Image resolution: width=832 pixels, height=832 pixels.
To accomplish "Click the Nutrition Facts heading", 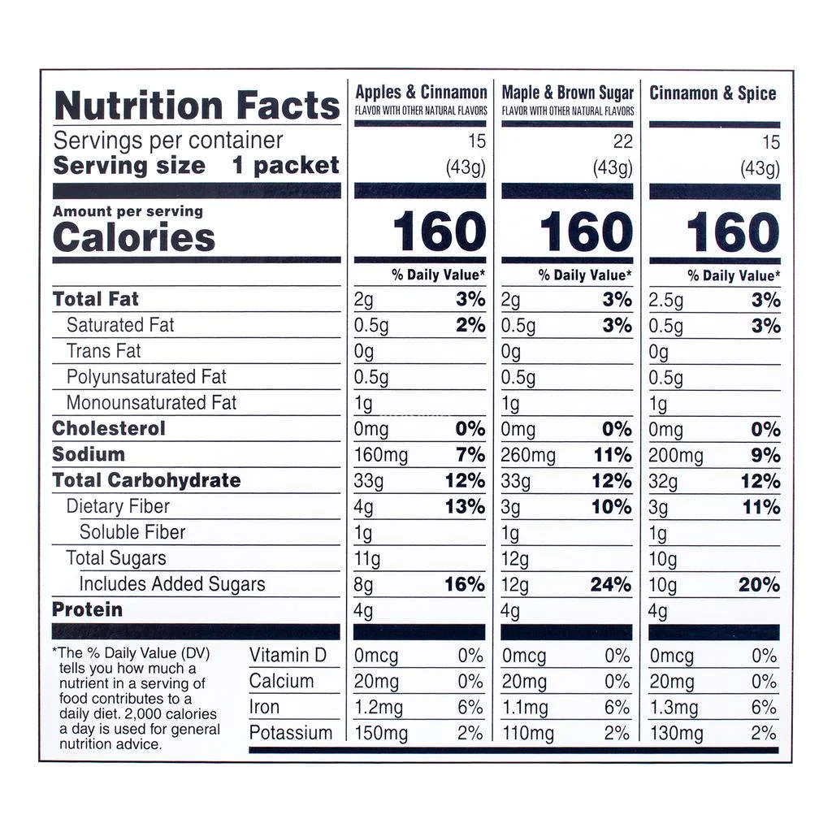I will pos(197,106).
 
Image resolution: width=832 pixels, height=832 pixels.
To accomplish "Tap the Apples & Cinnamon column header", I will pos(421,93).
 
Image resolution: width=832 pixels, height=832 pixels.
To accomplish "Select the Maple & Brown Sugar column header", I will pos(567,93).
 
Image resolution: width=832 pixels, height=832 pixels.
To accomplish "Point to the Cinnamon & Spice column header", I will pos(713,93).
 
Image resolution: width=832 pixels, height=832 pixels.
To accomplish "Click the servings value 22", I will pos(622,142).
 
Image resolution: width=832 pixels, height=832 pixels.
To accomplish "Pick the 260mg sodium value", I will pos(528,455).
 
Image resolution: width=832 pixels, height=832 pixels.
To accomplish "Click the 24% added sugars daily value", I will pos(610,584).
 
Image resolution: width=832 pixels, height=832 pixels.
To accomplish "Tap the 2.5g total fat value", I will pos(666,300).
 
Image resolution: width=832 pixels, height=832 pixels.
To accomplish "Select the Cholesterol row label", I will pos(108,428).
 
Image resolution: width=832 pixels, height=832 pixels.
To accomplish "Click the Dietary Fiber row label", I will pos(118,506).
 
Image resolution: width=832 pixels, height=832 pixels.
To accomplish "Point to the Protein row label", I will pos(87,609).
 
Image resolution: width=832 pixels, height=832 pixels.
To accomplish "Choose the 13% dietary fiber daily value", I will pos(465,507).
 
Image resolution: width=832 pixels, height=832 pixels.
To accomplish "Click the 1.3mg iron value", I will pos(674,708).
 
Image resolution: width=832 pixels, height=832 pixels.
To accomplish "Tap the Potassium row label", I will pos(290,733).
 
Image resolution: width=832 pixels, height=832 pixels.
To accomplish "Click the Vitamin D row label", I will pos(289,656).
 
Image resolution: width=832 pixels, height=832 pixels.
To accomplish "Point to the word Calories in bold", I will pos(134,238).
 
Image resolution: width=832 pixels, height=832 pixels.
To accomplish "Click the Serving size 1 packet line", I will pos(196,166).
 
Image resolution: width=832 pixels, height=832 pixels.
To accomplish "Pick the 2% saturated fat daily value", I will pos(470,326).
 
